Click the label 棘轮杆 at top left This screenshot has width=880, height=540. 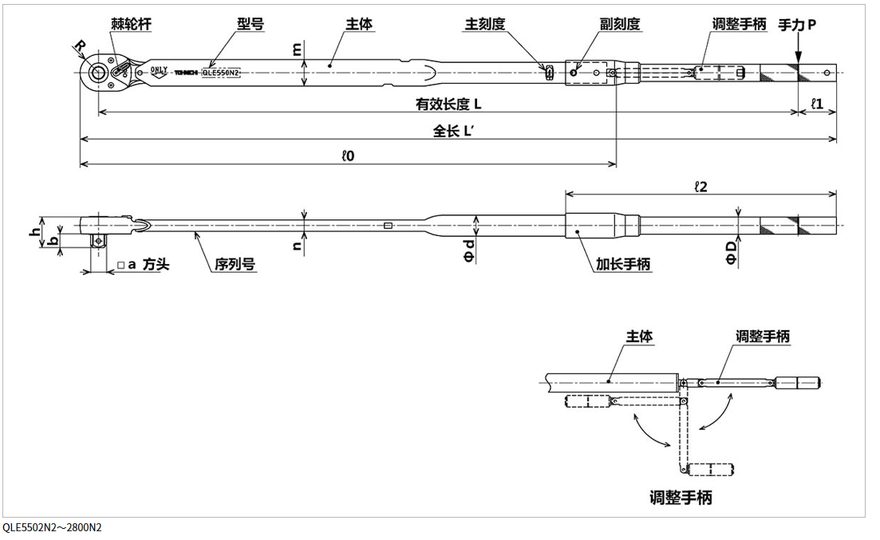coord(131,25)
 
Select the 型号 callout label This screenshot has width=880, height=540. coord(251,25)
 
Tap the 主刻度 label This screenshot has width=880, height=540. coord(485,25)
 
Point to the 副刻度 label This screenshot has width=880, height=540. coord(620,25)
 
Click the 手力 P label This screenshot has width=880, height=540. coord(797,25)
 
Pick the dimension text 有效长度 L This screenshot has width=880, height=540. coord(448,104)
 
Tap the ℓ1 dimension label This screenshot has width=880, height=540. coord(817,104)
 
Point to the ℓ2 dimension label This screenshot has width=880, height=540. coord(701,186)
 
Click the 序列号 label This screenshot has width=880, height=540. coord(235,264)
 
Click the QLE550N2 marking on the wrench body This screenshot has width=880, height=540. coord(221,72)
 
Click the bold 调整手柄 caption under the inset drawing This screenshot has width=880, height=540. coord(680,499)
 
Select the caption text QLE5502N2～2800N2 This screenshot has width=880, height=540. coord(52,528)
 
